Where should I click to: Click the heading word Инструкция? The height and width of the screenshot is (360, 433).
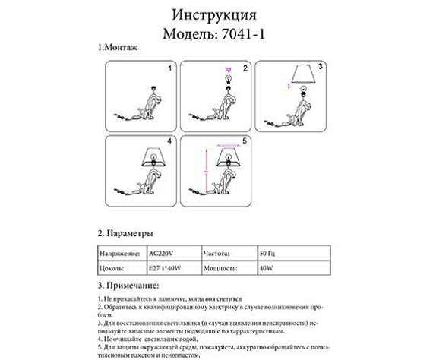tap(216, 15)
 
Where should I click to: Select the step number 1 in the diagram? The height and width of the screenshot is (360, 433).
tap(170, 68)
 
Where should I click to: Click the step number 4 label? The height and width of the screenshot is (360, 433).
tap(170, 142)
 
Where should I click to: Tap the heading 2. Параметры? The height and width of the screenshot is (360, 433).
tap(126, 232)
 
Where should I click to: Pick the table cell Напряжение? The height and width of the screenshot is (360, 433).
tap(119, 252)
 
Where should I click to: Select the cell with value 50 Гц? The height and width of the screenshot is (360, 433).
tap(269, 252)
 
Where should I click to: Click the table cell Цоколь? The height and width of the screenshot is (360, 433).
tap(113, 268)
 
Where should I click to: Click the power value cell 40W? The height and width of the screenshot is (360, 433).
tap(267, 268)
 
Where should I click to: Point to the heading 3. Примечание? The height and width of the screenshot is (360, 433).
tap(128, 286)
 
